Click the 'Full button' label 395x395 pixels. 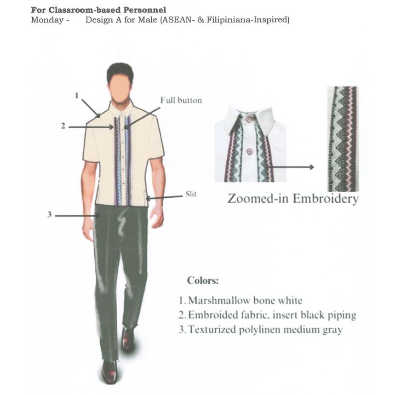coord(181,100)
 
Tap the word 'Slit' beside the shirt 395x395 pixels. coord(190,194)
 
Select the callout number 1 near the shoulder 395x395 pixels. coord(77,96)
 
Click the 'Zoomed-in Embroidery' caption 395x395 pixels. coord(292,199)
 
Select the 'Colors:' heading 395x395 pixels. coord(203,281)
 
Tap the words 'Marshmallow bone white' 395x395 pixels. coord(245,301)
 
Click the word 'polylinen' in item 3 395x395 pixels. coord(263,330)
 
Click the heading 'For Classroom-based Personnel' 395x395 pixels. coord(98,10)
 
